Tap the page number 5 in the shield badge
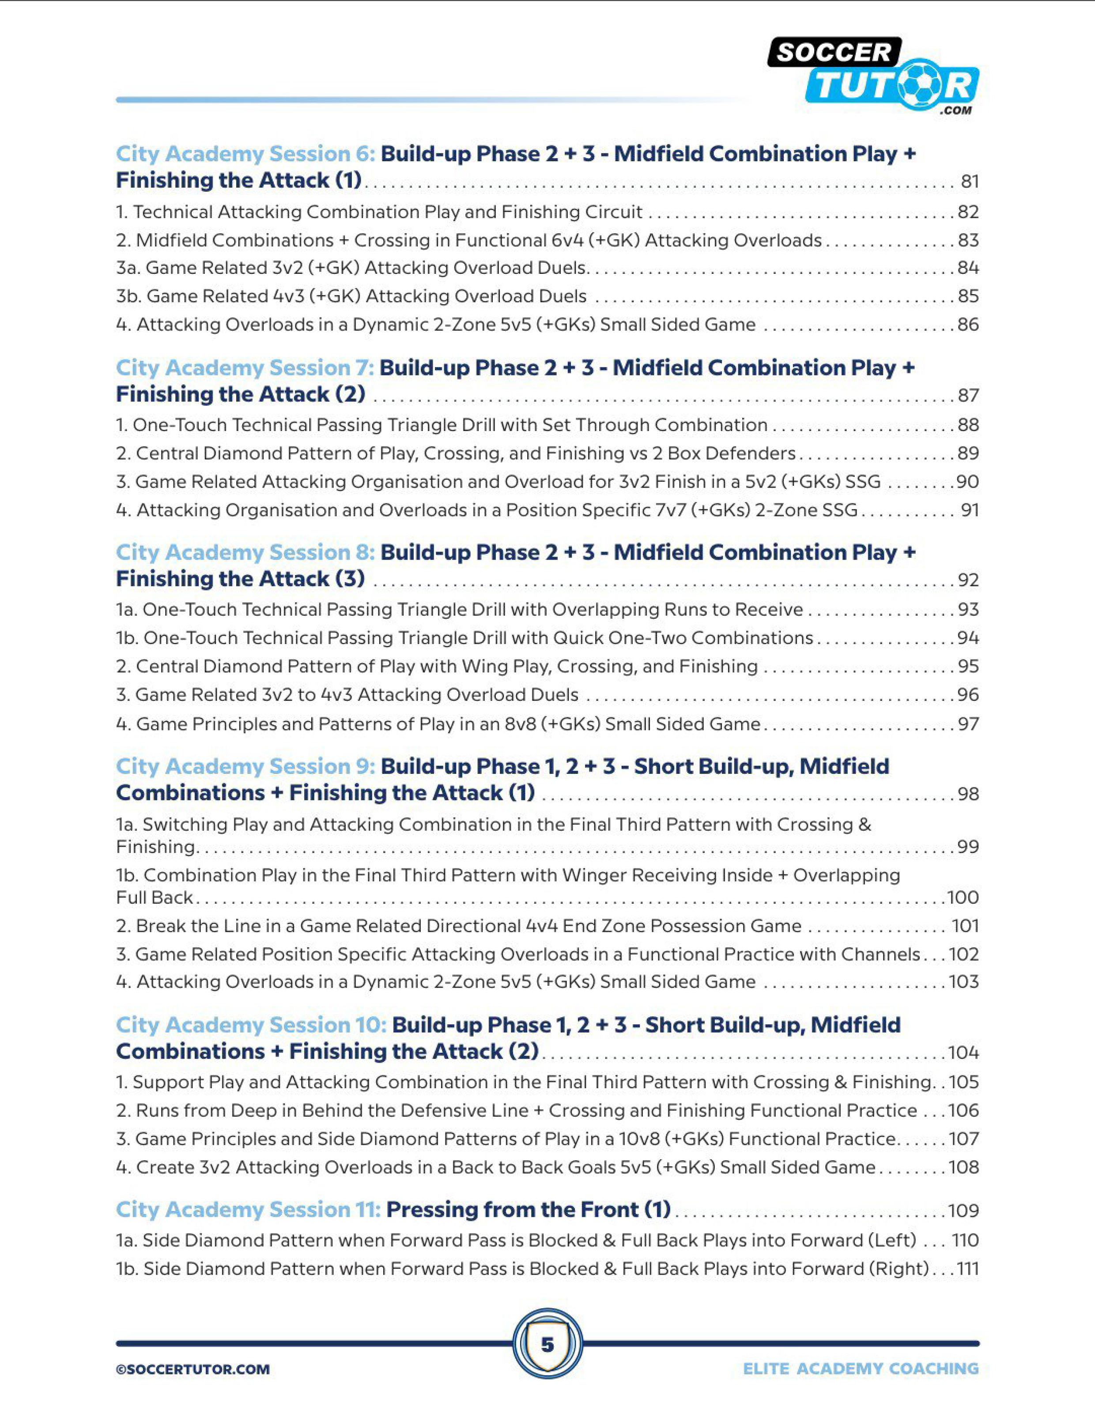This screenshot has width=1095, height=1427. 547,1344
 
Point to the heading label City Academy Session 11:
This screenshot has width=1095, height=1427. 248,1210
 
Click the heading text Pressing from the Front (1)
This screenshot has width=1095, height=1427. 529,1210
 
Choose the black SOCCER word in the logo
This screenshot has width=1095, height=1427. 834,52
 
